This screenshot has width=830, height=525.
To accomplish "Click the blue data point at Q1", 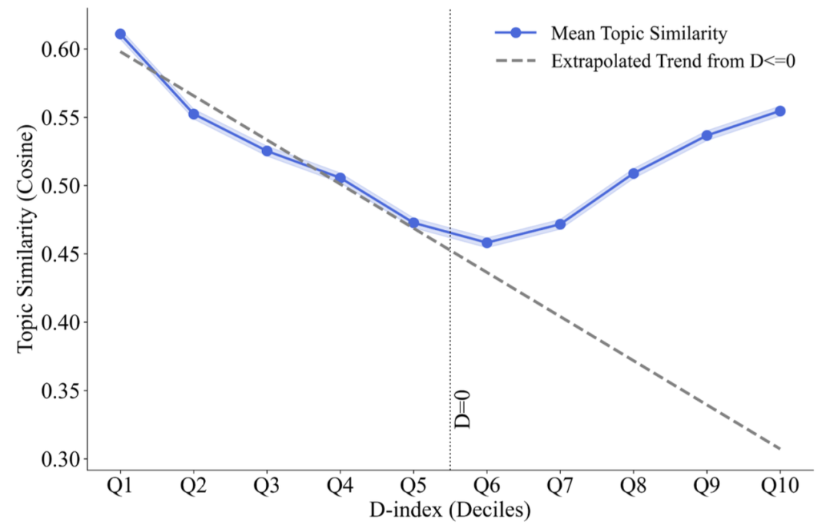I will (x=121, y=34).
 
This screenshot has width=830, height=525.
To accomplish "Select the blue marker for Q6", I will (x=486, y=243).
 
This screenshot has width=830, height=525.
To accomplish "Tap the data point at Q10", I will (x=780, y=111).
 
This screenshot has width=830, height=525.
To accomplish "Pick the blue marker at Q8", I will (x=633, y=173).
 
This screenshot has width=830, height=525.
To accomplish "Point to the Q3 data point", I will (x=267, y=150).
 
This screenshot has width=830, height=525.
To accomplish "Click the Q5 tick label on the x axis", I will (x=413, y=487).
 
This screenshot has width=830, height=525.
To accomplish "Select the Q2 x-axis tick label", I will (x=194, y=487).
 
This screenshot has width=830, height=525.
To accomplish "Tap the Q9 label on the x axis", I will (x=707, y=487).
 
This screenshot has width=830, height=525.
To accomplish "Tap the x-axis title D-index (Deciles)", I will (x=450, y=509).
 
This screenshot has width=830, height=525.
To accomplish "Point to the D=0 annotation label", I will (x=463, y=408).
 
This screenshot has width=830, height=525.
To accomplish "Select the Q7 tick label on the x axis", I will (x=560, y=487).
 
